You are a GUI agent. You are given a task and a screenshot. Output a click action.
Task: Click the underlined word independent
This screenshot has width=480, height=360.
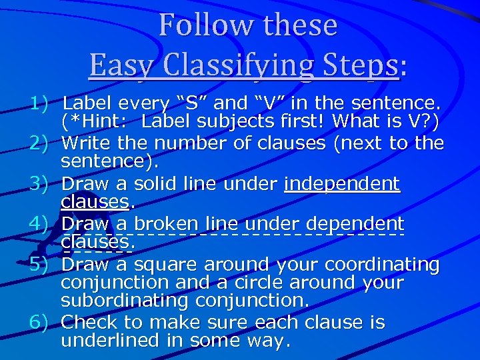(x=342, y=183)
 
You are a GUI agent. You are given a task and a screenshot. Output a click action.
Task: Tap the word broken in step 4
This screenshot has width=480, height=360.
(x=167, y=224)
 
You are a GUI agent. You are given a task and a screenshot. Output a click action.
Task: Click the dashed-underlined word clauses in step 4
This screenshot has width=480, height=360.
(x=96, y=243)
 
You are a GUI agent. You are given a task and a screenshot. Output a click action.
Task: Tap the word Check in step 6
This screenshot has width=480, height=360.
(x=89, y=323)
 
